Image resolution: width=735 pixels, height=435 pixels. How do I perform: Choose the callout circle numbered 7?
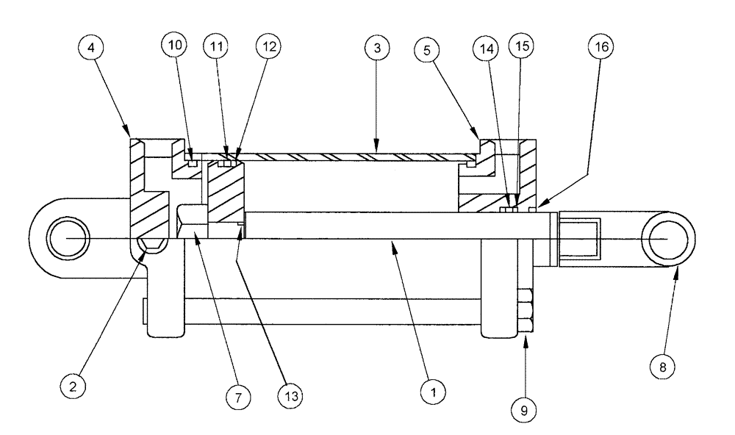coord(237,397)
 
